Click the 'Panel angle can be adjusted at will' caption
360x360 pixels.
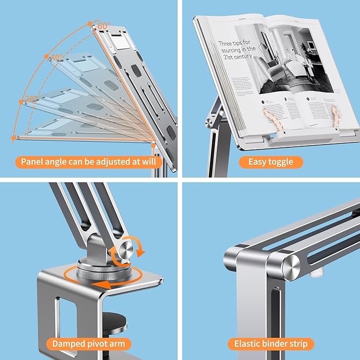pyautogui.click(x=89, y=162)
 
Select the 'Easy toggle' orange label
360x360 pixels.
pyautogui.click(x=270, y=162)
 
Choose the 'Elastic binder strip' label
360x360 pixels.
pyautogui.click(x=271, y=344)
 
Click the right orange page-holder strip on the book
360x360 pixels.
pyautogui.click(x=335, y=115)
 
